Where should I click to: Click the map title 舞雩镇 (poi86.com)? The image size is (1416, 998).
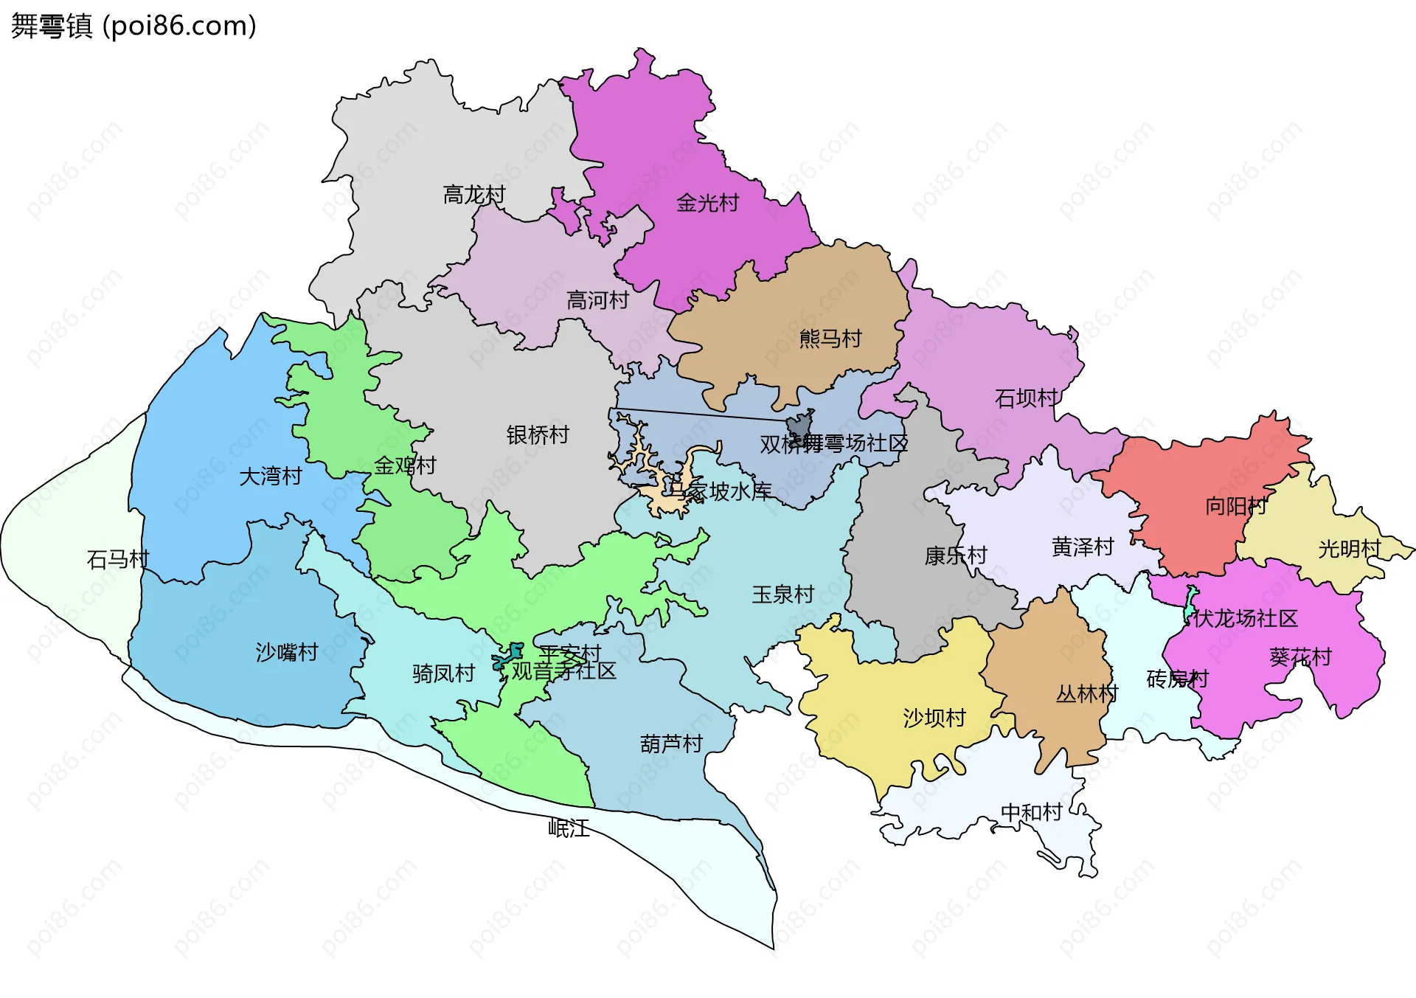(133, 26)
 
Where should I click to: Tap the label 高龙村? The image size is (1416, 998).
(473, 195)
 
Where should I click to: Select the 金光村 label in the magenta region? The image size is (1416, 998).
(707, 203)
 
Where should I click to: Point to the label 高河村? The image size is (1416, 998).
(597, 300)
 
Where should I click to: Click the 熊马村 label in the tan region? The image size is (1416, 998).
(830, 339)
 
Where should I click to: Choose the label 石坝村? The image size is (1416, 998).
(1026, 398)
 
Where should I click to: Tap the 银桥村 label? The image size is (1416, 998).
(538, 435)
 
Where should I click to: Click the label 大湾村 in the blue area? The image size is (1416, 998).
(271, 477)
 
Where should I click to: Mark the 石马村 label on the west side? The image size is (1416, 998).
(118, 560)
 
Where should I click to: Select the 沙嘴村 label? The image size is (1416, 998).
(287, 652)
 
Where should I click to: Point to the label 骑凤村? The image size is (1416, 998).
(443, 673)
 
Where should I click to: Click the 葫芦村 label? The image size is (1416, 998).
(671, 744)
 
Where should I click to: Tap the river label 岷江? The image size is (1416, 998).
(569, 828)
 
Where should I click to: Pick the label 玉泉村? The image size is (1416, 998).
(782, 595)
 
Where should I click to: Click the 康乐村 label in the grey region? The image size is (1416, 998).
(956, 555)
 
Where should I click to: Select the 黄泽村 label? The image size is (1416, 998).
(1082, 547)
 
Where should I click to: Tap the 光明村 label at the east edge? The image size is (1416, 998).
(1349, 549)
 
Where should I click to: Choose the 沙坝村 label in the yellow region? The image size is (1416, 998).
(934, 718)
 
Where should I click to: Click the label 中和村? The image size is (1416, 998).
(1031, 812)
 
